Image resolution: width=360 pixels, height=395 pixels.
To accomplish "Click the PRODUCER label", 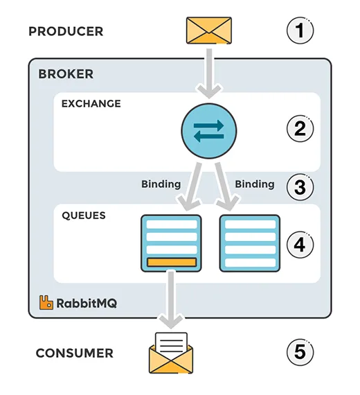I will click(66, 31).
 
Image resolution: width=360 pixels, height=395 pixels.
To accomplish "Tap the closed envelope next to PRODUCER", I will click(209, 30).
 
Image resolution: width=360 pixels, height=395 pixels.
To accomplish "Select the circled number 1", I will click(299, 30).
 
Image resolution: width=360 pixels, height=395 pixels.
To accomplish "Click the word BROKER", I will click(66, 74).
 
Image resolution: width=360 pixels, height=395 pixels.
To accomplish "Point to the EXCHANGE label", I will click(91, 104).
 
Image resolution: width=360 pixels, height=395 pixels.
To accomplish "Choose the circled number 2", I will click(299, 129).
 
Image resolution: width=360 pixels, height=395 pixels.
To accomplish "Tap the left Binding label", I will click(161, 184).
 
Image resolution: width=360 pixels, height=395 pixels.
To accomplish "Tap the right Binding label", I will click(254, 184).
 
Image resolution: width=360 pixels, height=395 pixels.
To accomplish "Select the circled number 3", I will click(299, 187).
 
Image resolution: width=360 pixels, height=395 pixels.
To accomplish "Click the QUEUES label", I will click(84, 216).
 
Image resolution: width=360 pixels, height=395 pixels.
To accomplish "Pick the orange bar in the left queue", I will click(171, 262).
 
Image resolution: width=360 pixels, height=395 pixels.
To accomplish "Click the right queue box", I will click(249, 243).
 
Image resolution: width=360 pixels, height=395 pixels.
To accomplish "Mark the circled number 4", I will click(299, 245).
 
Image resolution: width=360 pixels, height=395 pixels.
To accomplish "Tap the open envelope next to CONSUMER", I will click(171, 353).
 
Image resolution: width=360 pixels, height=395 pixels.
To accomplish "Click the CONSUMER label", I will click(74, 353).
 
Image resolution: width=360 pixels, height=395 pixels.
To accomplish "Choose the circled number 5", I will click(299, 353).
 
